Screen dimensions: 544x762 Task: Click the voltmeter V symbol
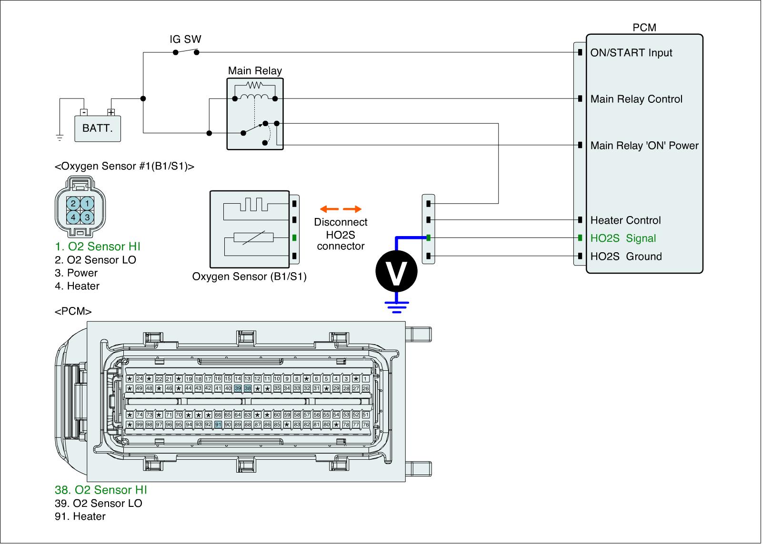(x=396, y=272)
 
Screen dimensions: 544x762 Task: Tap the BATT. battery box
(x=98, y=128)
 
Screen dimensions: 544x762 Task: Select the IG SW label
(x=186, y=40)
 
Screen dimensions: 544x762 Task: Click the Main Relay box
(x=255, y=114)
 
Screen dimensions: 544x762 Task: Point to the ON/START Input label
(x=631, y=53)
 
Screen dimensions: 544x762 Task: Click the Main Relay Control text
(x=636, y=99)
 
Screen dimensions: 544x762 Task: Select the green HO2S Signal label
(x=623, y=238)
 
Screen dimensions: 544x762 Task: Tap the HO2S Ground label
(x=626, y=257)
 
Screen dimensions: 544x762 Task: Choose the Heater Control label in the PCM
(x=625, y=220)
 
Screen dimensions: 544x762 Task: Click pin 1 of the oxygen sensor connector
(x=87, y=203)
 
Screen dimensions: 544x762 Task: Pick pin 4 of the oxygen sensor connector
(x=73, y=218)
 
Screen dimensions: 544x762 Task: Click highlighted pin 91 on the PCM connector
(x=218, y=425)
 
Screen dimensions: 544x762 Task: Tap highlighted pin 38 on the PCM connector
(x=248, y=388)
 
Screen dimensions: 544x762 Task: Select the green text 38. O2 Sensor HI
(x=101, y=490)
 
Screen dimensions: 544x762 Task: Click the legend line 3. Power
(x=76, y=273)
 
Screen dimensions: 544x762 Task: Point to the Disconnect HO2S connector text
(x=341, y=234)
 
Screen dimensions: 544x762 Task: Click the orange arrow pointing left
(x=329, y=209)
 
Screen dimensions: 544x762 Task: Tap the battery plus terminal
(x=111, y=112)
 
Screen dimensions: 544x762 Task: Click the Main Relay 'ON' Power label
(x=644, y=146)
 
